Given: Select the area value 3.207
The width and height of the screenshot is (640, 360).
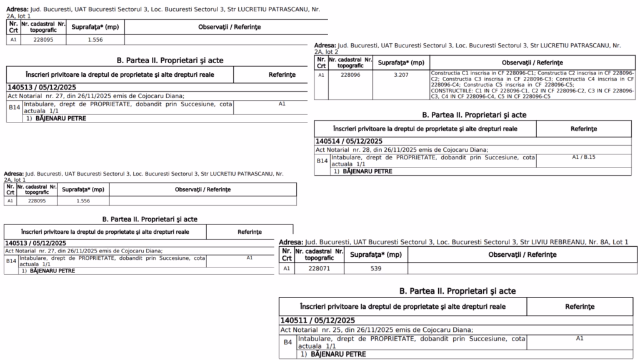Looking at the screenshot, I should pos(401,76).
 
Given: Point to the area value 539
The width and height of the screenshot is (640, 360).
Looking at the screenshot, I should pos(376,269).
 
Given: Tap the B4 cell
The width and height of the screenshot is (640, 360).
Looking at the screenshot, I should pos(287,342).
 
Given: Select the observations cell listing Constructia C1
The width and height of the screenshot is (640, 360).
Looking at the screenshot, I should pos(532,84).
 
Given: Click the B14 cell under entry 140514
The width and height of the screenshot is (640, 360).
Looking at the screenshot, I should pos(321,161).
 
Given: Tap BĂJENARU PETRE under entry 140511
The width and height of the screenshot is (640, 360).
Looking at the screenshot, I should pos(332,354).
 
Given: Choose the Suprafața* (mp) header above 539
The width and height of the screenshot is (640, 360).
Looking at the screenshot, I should pos(376,255).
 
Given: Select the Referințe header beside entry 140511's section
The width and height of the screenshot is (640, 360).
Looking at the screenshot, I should pos(579,307).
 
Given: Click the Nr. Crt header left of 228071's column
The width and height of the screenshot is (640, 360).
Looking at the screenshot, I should pos(287,255).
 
